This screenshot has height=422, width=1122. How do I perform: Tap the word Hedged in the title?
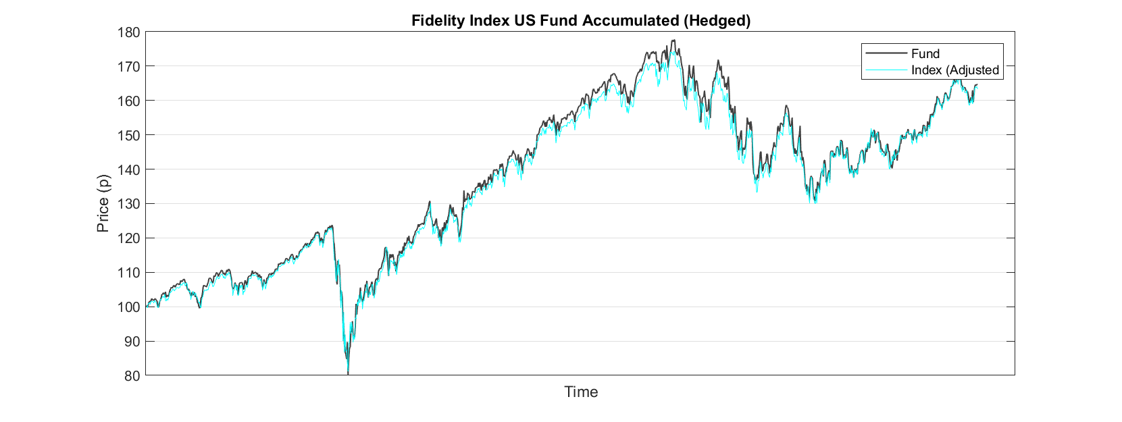click(x=717, y=21)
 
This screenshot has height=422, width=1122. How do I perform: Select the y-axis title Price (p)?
click(x=103, y=203)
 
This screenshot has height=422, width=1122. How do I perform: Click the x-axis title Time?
click(x=581, y=392)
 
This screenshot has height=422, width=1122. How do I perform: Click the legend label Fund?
click(x=925, y=54)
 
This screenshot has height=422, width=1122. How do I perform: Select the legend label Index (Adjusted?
click(x=954, y=70)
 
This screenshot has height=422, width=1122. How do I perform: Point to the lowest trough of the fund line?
click(x=348, y=373)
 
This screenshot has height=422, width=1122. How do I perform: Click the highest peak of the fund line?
click(x=673, y=41)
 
